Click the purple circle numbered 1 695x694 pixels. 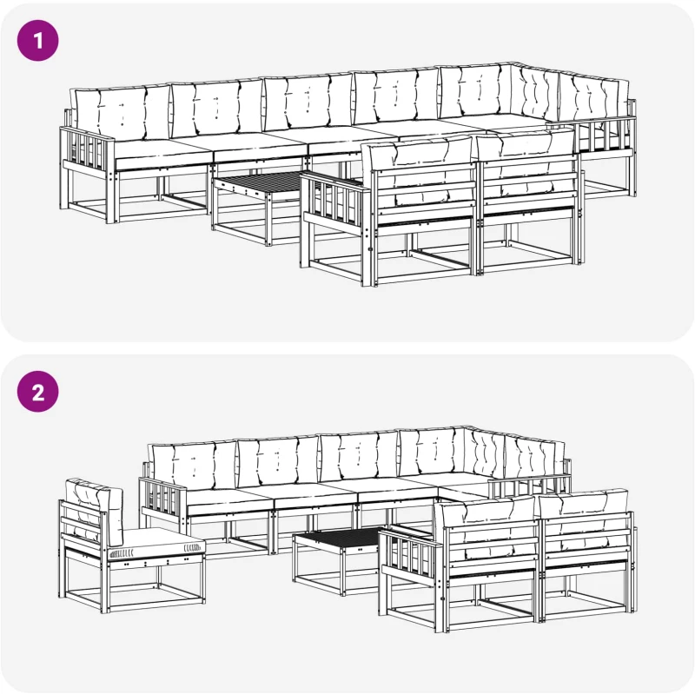pyautogui.click(x=37, y=40)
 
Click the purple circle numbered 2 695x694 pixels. pyautogui.click(x=37, y=392)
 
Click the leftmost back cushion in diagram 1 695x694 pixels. pyautogui.click(x=121, y=113)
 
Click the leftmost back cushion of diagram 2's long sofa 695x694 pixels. pyautogui.click(x=193, y=466)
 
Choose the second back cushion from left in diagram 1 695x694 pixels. pyautogui.click(x=217, y=108)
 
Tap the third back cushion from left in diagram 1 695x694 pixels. pyautogui.click(x=308, y=102)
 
